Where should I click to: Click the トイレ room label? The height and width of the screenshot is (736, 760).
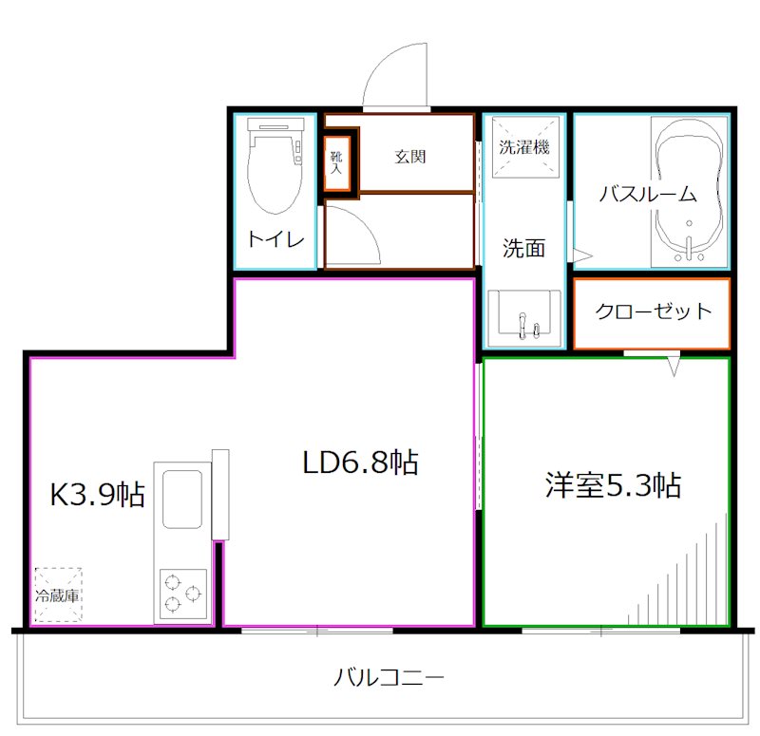tap(275, 239)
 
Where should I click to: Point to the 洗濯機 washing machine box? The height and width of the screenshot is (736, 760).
tap(523, 148)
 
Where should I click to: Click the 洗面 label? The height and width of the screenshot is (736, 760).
tap(523, 249)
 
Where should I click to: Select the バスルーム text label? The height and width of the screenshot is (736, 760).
tap(648, 195)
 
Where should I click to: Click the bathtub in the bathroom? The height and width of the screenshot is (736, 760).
tap(691, 190)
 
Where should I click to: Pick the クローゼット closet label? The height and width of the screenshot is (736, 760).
tap(653, 311)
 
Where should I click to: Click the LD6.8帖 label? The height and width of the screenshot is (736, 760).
tap(360, 462)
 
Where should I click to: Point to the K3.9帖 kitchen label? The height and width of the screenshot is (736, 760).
tap(97, 494)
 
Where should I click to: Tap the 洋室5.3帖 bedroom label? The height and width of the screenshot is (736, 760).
tap(612, 485)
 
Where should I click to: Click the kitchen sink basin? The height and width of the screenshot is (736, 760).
tap(181, 498)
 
